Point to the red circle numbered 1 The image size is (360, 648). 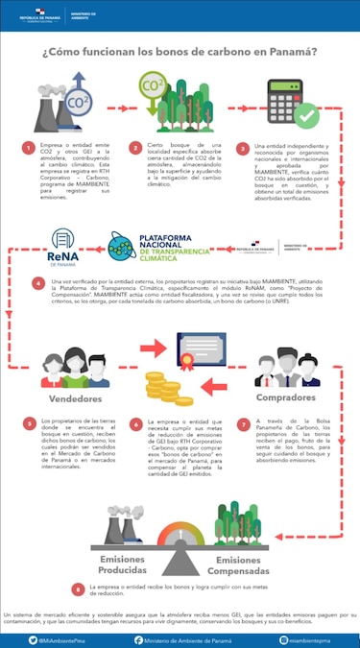(28, 151)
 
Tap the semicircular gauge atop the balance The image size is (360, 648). (180, 538)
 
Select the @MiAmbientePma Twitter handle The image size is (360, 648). (64, 636)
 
